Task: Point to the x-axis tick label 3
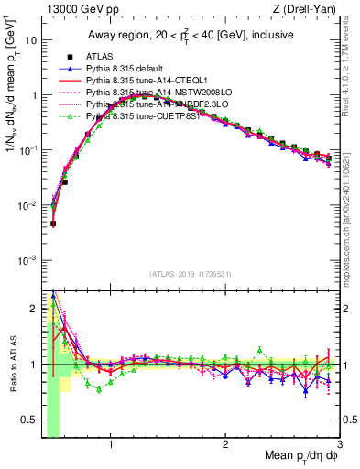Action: [x=340, y=446]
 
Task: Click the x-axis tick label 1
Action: [x=111, y=446]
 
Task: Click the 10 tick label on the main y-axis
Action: [x=30, y=41]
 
